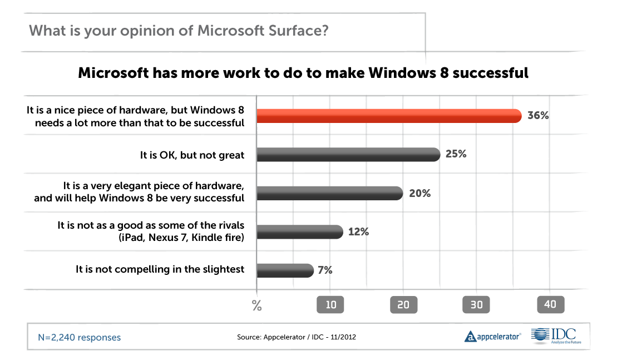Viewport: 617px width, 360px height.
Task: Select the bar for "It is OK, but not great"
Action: pos(348,155)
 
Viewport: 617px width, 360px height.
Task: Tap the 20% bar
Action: pos(329,194)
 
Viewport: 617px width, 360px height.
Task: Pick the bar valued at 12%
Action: pos(300,232)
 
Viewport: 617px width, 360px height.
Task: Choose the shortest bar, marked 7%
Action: pos(285,270)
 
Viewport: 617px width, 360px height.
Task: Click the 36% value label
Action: pos(538,116)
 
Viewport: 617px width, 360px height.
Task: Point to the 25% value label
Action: pos(456,154)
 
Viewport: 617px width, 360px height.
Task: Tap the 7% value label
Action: pos(325,270)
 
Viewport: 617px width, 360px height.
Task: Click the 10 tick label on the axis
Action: pos(330,305)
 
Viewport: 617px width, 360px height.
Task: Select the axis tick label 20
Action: pos(403,305)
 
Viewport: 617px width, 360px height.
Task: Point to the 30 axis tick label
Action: pos(477,305)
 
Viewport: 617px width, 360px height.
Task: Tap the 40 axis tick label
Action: pos(550,305)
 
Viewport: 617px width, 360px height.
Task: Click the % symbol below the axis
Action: pos(256,305)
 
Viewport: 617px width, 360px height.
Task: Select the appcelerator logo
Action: pos(493,336)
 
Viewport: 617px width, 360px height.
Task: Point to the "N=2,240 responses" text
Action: pos(79,337)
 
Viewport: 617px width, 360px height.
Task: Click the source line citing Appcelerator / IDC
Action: pos(297,337)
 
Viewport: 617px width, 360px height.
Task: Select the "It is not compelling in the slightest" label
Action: pos(160,269)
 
